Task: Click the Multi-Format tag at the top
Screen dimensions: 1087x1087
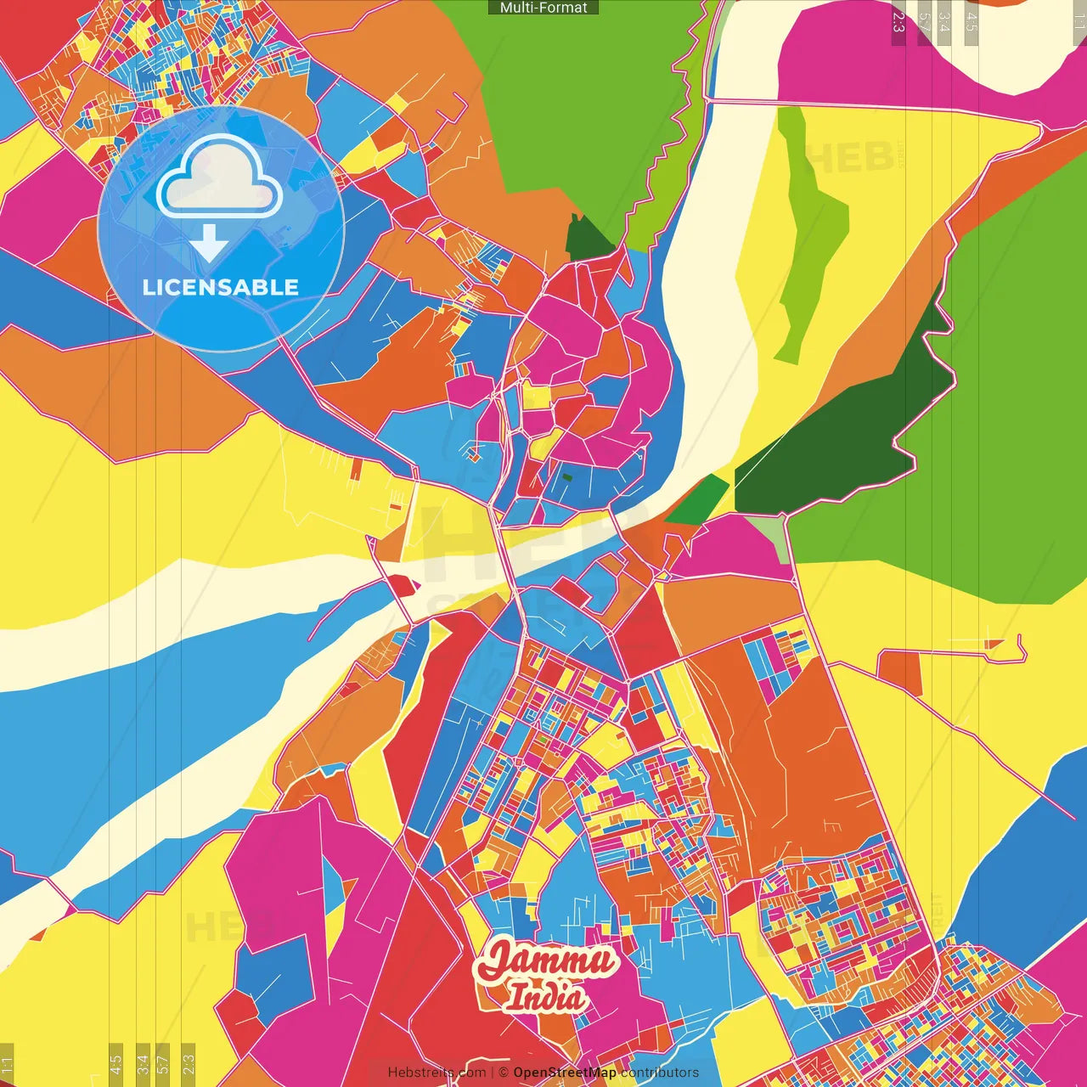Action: tap(543, 8)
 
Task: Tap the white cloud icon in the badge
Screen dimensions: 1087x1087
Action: tap(219, 179)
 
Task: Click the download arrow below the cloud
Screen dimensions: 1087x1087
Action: tap(209, 244)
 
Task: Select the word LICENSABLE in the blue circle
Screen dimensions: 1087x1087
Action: tap(221, 287)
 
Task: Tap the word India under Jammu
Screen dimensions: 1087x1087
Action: tap(544, 997)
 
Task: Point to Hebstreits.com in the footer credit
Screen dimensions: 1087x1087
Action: tap(436, 1073)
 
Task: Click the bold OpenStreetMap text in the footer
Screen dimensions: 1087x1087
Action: tap(565, 1073)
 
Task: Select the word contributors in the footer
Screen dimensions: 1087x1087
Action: tap(660, 1073)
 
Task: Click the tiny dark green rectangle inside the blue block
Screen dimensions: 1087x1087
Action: tap(566, 476)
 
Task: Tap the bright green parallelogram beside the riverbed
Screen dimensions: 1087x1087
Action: tap(698, 499)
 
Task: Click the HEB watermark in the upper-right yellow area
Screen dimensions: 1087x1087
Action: tap(849, 157)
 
